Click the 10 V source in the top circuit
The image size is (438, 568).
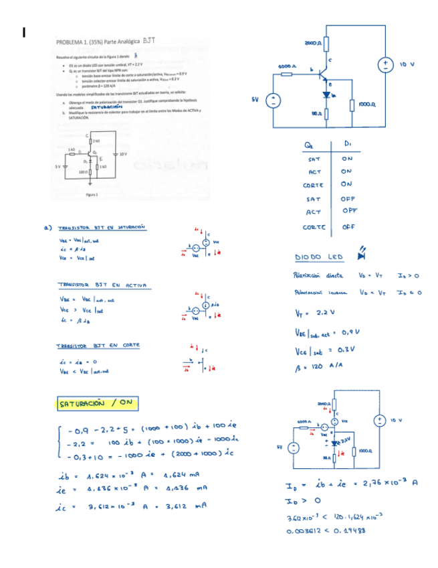click(387, 64)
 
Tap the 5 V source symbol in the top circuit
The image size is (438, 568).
click(273, 101)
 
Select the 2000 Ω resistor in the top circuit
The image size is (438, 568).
click(324, 42)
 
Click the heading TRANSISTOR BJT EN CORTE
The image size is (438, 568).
click(98, 345)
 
